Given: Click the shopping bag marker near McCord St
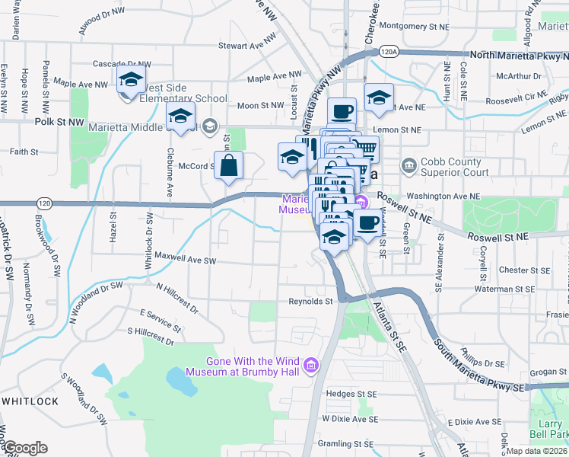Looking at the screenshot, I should coord(229,165).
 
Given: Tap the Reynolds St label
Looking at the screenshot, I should coord(310,302).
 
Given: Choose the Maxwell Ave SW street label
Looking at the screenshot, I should coord(186,260).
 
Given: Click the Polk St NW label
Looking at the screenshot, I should coord(59,121).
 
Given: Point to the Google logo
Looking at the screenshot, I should coord(24,448).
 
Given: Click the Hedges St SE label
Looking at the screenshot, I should coord(351,394).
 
